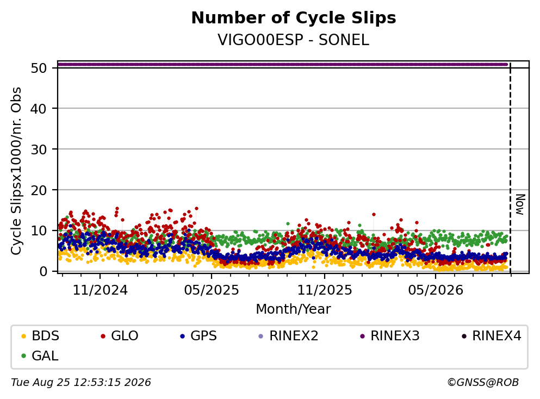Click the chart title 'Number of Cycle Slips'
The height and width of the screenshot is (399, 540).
point(294,18)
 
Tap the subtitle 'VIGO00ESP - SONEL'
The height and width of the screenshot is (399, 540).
point(294,40)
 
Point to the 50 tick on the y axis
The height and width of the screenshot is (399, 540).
point(39,68)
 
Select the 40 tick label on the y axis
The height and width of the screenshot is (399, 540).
point(39,109)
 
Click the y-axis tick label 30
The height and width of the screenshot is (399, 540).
point(39,149)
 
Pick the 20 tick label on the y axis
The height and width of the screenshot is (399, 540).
point(39,190)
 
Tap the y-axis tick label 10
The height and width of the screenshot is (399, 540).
point(39,230)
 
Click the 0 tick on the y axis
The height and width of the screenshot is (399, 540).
point(44,271)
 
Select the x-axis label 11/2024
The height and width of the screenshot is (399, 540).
point(100,290)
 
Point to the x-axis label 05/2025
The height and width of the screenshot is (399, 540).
point(212,290)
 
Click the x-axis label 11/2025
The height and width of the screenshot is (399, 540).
point(325,290)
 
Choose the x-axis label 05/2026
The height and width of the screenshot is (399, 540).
point(436,290)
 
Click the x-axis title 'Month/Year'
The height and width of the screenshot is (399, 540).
point(294,309)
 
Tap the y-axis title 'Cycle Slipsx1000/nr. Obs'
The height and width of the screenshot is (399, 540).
point(16,171)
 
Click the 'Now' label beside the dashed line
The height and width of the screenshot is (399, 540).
point(520,204)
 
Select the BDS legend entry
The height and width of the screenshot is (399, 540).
point(40,335)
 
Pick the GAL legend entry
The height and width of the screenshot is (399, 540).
point(40,356)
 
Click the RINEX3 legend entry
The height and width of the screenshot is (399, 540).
point(390,335)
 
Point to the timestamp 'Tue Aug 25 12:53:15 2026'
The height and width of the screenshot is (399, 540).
point(81,383)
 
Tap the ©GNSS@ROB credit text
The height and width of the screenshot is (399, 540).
point(483,383)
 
